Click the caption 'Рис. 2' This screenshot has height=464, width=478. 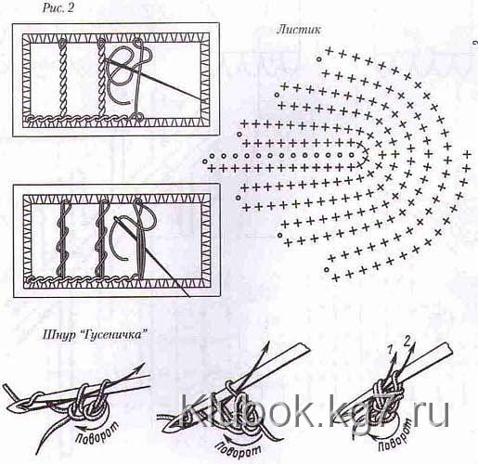58,8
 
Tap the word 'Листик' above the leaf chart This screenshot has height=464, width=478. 299,30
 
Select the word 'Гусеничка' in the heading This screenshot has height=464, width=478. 114,335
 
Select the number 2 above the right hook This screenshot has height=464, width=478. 407,342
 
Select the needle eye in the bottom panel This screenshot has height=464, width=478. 118,220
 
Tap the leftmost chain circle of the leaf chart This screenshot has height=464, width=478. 204,161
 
